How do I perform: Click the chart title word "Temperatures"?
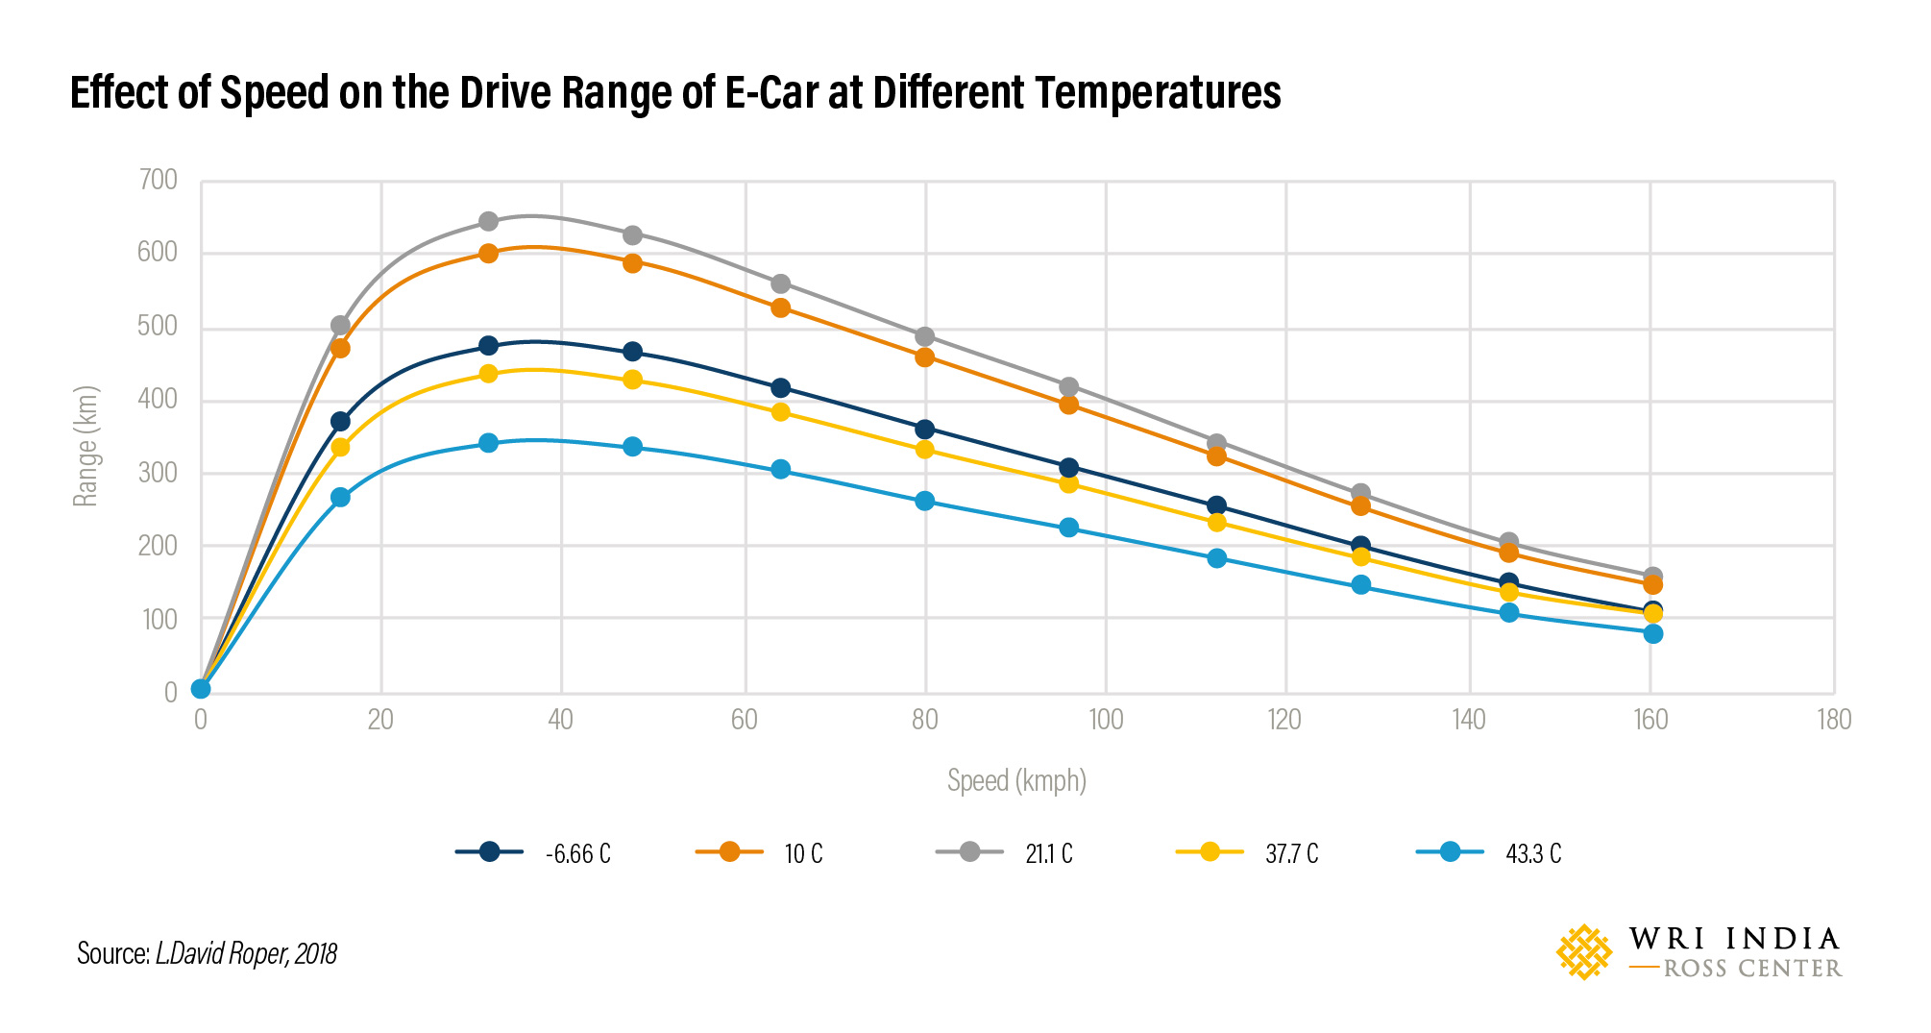pos(1158,93)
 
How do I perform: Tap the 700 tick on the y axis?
pos(159,180)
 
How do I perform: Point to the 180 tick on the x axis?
pos(1833,720)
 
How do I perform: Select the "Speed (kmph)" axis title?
pos(1016,780)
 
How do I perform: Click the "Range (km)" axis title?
pos(86,447)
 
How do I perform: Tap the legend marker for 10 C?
pos(729,851)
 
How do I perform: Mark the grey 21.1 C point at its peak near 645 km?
pos(488,221)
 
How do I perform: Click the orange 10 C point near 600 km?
pos(488,254)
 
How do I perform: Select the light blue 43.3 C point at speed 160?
pos(1652,633)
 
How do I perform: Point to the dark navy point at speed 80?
pos(924,429)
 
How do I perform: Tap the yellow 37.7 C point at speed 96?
pos(1068,483)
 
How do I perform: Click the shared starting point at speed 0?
pos(201,688)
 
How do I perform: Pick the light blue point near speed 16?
pos(340,497)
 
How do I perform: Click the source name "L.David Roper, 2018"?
pos(246,953)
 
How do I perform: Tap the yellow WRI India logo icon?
pos(1583,952)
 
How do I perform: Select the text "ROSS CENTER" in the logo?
pos(1751,969)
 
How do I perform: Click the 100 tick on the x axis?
pos(1106,720)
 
